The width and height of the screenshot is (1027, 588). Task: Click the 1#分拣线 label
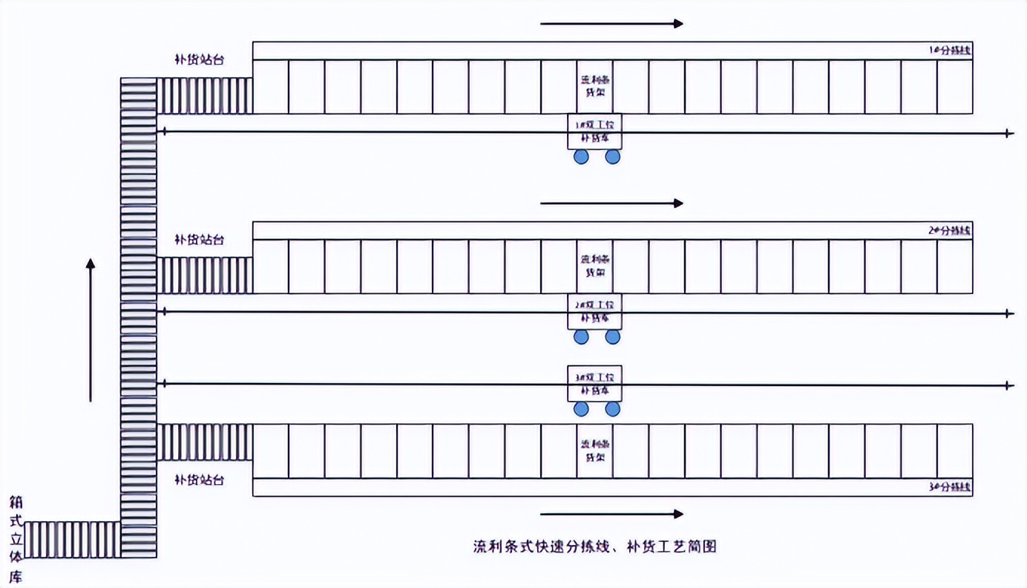[x=951, y=50]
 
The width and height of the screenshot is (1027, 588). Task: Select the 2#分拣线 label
[x=950, y=230]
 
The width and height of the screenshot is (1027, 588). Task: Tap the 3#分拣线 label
[x=950, y=488]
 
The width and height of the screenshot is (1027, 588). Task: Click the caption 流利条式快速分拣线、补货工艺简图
[x=595, y=547]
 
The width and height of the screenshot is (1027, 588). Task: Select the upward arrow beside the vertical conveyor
[x=91, y=330]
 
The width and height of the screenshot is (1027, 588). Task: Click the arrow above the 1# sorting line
[x=611, y=24]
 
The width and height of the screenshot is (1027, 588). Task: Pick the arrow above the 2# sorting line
[x=611, y=203]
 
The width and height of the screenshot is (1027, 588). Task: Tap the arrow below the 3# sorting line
[x=611, y=514]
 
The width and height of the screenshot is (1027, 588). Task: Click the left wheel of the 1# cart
[x=581, y=157]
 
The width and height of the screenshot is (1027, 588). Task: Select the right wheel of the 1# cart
[x=612, y=157]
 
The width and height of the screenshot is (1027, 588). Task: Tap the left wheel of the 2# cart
[x=581, y=337]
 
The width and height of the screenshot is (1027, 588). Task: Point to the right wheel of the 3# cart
[x=612, y=409]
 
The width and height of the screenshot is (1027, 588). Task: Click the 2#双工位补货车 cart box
[x=594, y=311]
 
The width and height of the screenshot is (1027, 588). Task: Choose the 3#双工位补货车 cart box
[x=594, y=383]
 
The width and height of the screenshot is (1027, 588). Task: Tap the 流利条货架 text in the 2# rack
[x=594, y=267]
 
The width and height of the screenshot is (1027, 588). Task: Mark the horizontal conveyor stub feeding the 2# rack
[x=204, y=275]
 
